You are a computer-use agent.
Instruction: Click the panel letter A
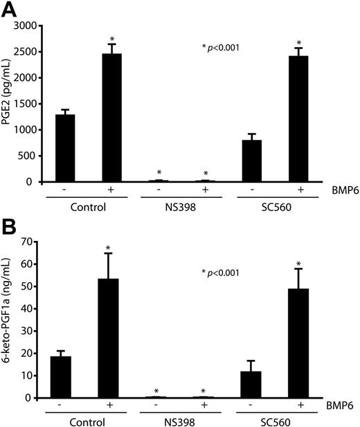(x=10, y=9)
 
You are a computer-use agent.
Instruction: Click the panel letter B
(x=10, y=226)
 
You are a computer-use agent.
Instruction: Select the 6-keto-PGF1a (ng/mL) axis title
(x=8, y=320)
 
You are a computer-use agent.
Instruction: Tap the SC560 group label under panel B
(x=274, y=421)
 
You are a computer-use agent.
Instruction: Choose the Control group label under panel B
(x=88, y=421)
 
